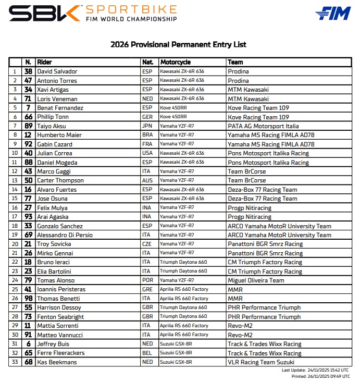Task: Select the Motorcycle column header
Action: (176, 62)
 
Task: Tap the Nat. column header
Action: (147, 62)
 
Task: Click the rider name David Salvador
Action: (57, 71)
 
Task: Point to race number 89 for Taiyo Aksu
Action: (28, 126)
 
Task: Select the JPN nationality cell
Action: (147, 126)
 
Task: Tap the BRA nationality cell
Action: (147, 135)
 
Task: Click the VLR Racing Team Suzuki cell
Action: (261, 362)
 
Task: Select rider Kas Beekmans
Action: (57, 362)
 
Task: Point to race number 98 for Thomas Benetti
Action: (28, 299)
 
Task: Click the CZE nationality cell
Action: (147, 244)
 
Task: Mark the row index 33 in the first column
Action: (15, 362)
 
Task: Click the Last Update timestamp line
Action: (315, 370)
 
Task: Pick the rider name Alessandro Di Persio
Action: (65, 235)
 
